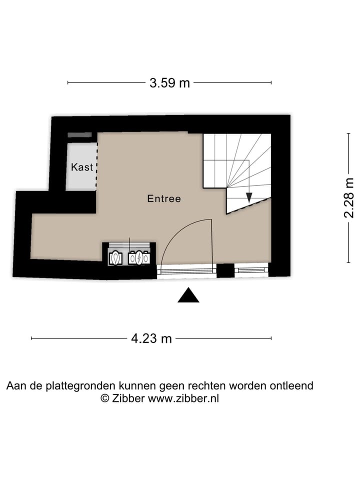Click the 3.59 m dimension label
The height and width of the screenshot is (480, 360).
click(x=169, y=83)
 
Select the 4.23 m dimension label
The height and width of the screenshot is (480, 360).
click(x=151, y=338)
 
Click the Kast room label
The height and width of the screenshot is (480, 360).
click(x=82, y=167)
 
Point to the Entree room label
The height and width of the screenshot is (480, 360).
click(x=164, y=198)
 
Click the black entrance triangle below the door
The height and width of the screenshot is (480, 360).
click(x=188, y=296)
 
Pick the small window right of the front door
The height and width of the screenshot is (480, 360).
click(x=251, y=270)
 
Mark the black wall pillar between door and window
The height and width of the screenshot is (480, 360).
click(x=225, y=270)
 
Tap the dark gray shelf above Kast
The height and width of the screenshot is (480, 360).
click(x=79, y=135)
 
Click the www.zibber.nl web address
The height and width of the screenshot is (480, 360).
click(x=183, y=398)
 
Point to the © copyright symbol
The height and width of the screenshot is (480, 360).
click(x=105, y=398)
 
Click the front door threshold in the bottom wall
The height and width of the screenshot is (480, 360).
click(x=186, y=271)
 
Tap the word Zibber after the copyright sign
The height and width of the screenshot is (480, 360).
click(x=128, y=398)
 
